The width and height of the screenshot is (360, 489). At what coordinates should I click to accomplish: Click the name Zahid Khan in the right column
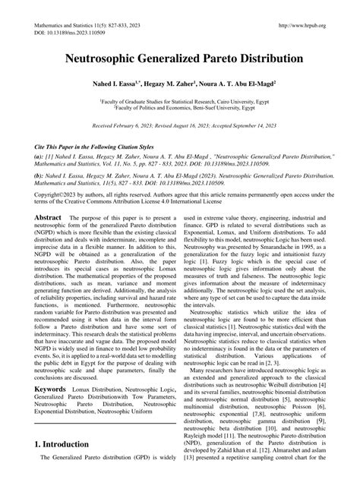(x=244, y=472)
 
